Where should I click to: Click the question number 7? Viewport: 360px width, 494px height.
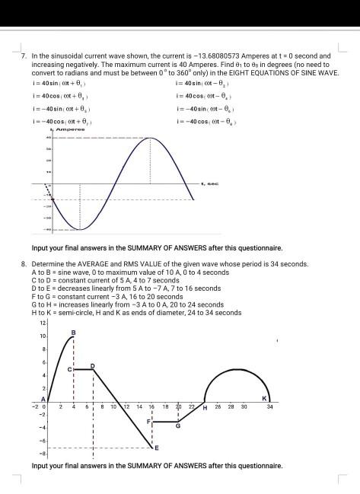[24, 56]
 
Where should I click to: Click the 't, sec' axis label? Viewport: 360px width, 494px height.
[209, 183]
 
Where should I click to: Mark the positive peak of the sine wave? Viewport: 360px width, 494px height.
[150, 139]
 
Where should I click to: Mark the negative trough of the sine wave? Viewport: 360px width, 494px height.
[80, 229]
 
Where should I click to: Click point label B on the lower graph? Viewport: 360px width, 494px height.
[74, 332]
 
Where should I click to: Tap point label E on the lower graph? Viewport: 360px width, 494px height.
[157, 448]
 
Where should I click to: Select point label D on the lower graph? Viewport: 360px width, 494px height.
[93, 366]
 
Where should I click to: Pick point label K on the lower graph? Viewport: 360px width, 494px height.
[264, 400]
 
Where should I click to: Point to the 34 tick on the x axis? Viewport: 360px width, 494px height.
[269, 409]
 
